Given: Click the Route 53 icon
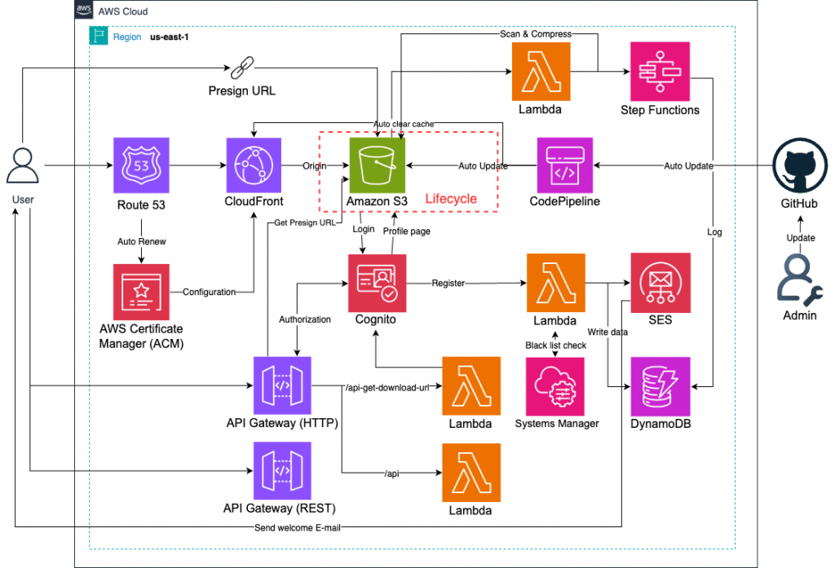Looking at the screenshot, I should click(142, 165).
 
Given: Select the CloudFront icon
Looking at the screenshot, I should click(254, 165).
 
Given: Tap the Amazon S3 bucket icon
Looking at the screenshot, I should click(377, 165).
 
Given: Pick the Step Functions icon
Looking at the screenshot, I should click(660, 71).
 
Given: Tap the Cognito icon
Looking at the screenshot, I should click(376, 282).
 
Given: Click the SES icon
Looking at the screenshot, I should click(660, 282).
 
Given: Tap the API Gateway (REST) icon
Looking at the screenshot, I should click(281, 470).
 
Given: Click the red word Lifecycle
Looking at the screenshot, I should click(451, 199).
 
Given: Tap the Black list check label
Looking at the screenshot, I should click(555, 346).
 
